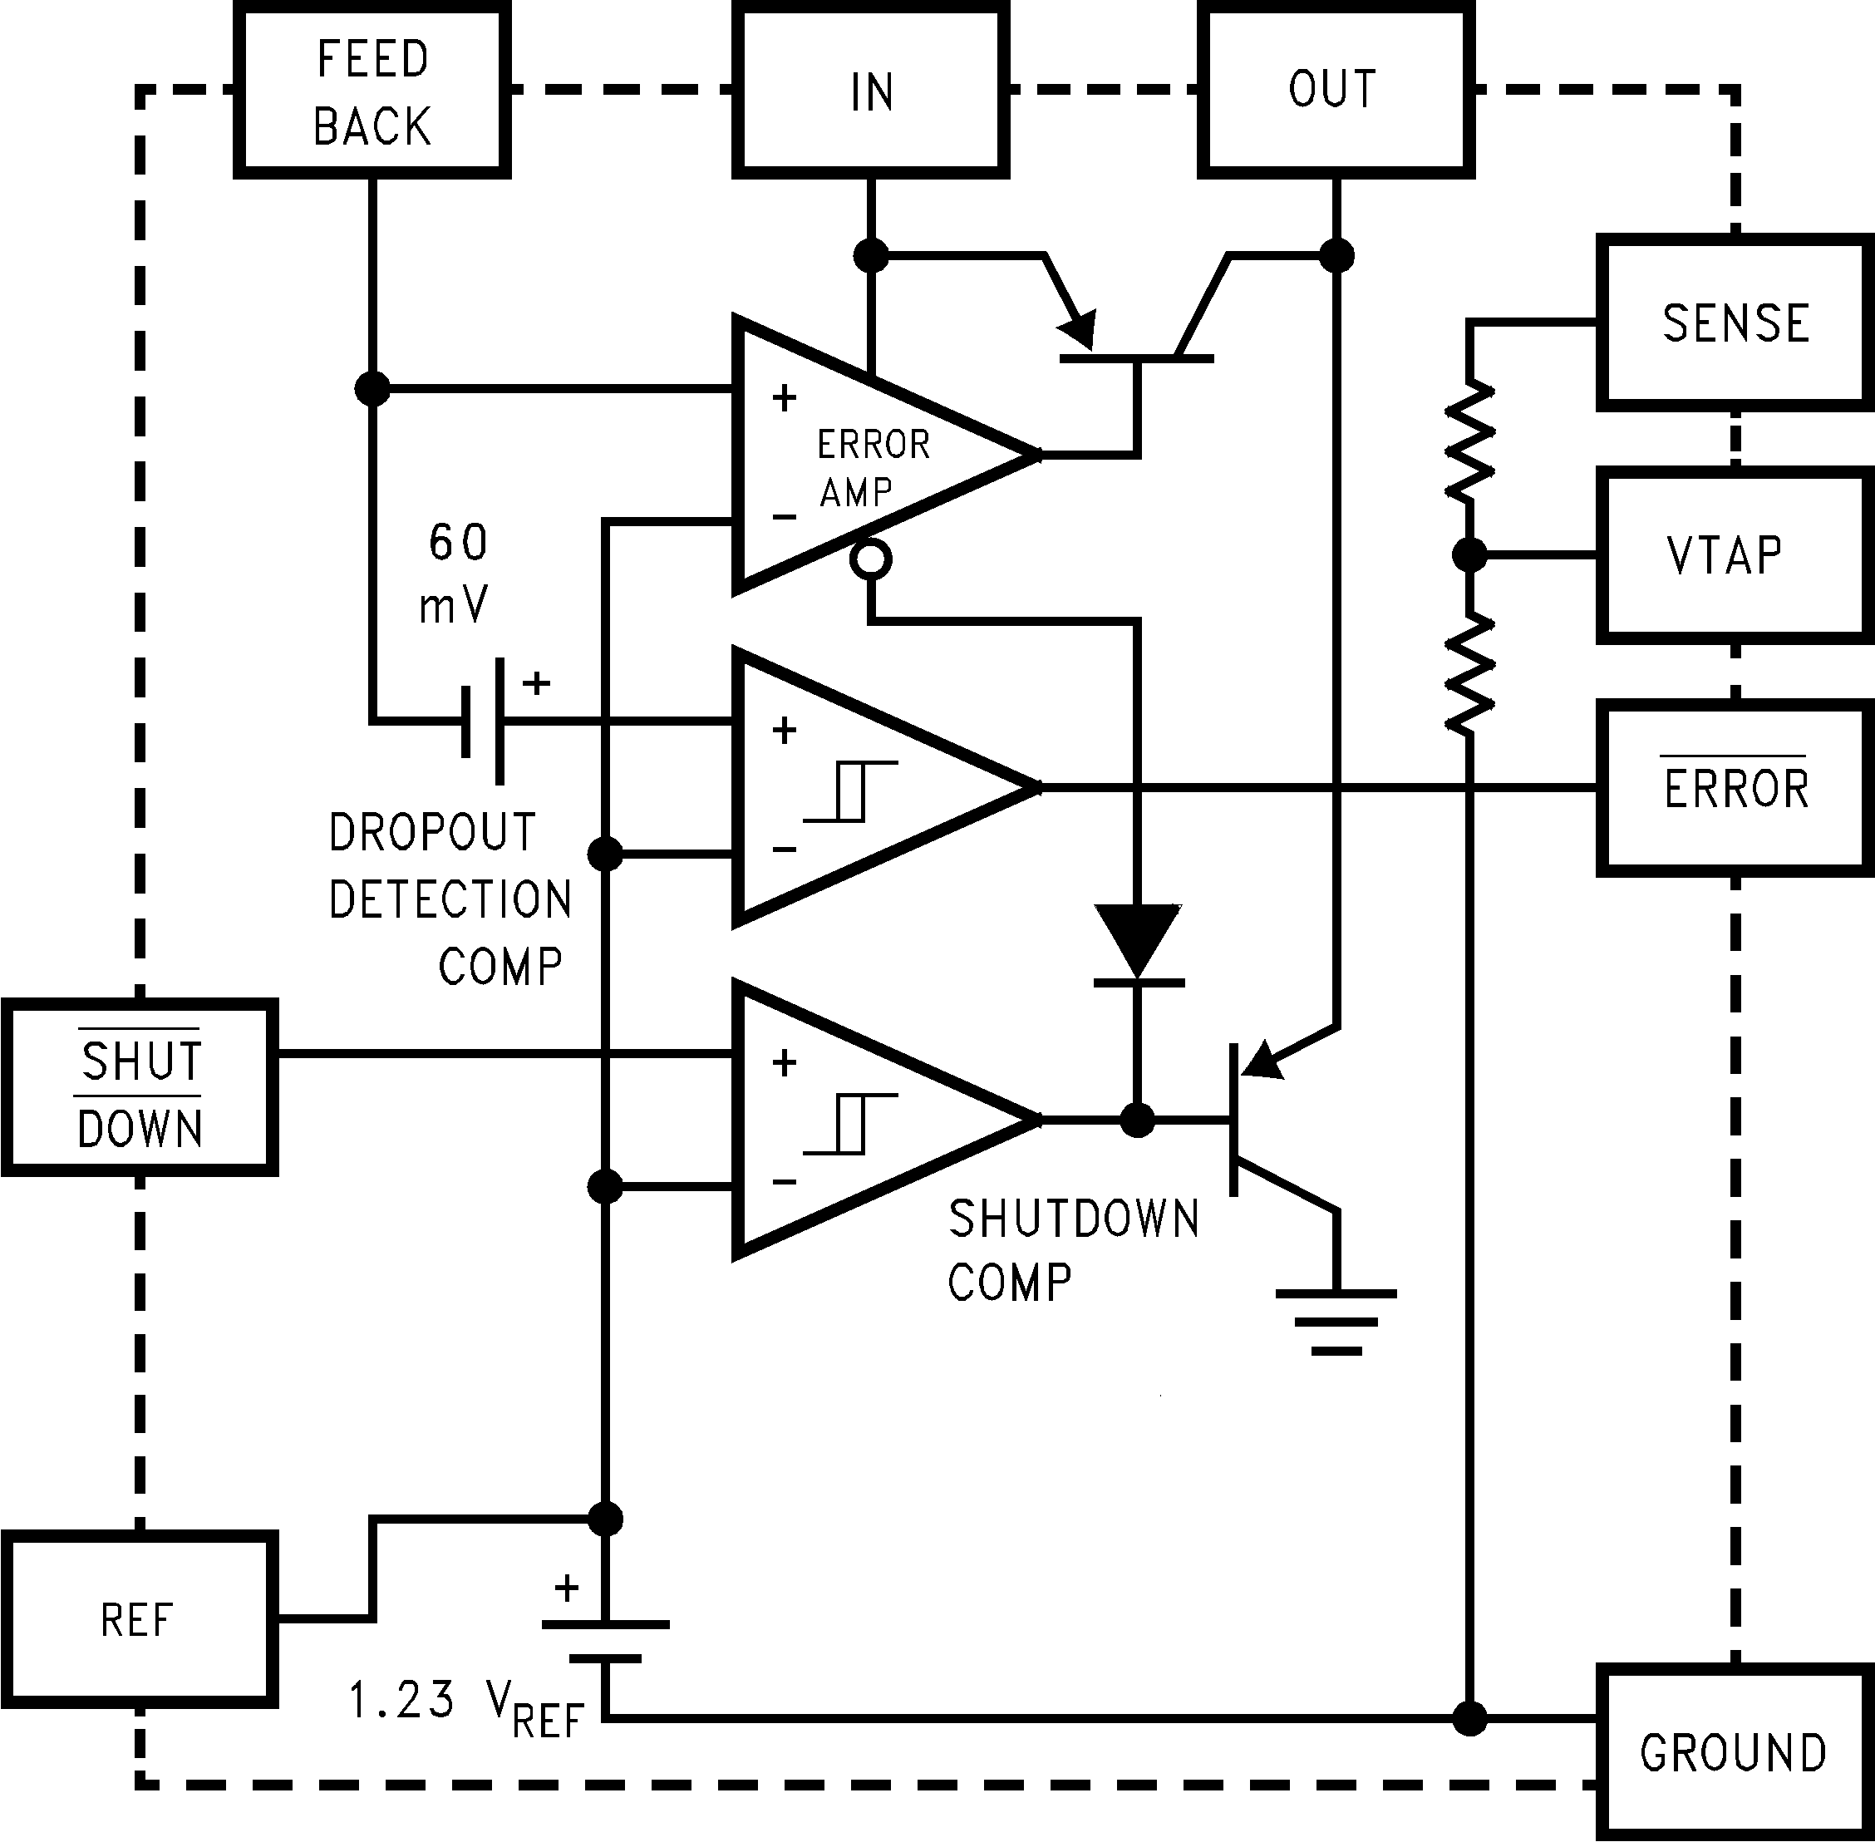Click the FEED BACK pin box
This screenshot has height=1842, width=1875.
click(372, 91)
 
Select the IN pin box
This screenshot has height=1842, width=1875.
click(871, 91)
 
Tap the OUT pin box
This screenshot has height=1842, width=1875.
click(1335, 91)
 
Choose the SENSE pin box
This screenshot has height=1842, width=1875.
click(1734, 323)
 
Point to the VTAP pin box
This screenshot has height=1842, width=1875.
click(1734, 556)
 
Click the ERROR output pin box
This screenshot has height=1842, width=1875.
click(1734, 789)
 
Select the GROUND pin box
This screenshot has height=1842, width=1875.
click(1734, 1751)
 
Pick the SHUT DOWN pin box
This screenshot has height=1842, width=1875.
click(140, 1088)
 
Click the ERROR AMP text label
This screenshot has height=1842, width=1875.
click(871, 468)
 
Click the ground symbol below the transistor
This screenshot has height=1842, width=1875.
click(1336, 1321)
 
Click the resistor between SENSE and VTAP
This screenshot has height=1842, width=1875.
click(1469, 441)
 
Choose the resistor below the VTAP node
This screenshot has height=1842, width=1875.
click(1469, 673)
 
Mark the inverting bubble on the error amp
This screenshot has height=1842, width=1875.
click(871, 559)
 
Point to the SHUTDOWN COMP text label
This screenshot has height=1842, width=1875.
click(1072, 1250)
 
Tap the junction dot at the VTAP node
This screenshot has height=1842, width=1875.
click(1469, 555)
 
